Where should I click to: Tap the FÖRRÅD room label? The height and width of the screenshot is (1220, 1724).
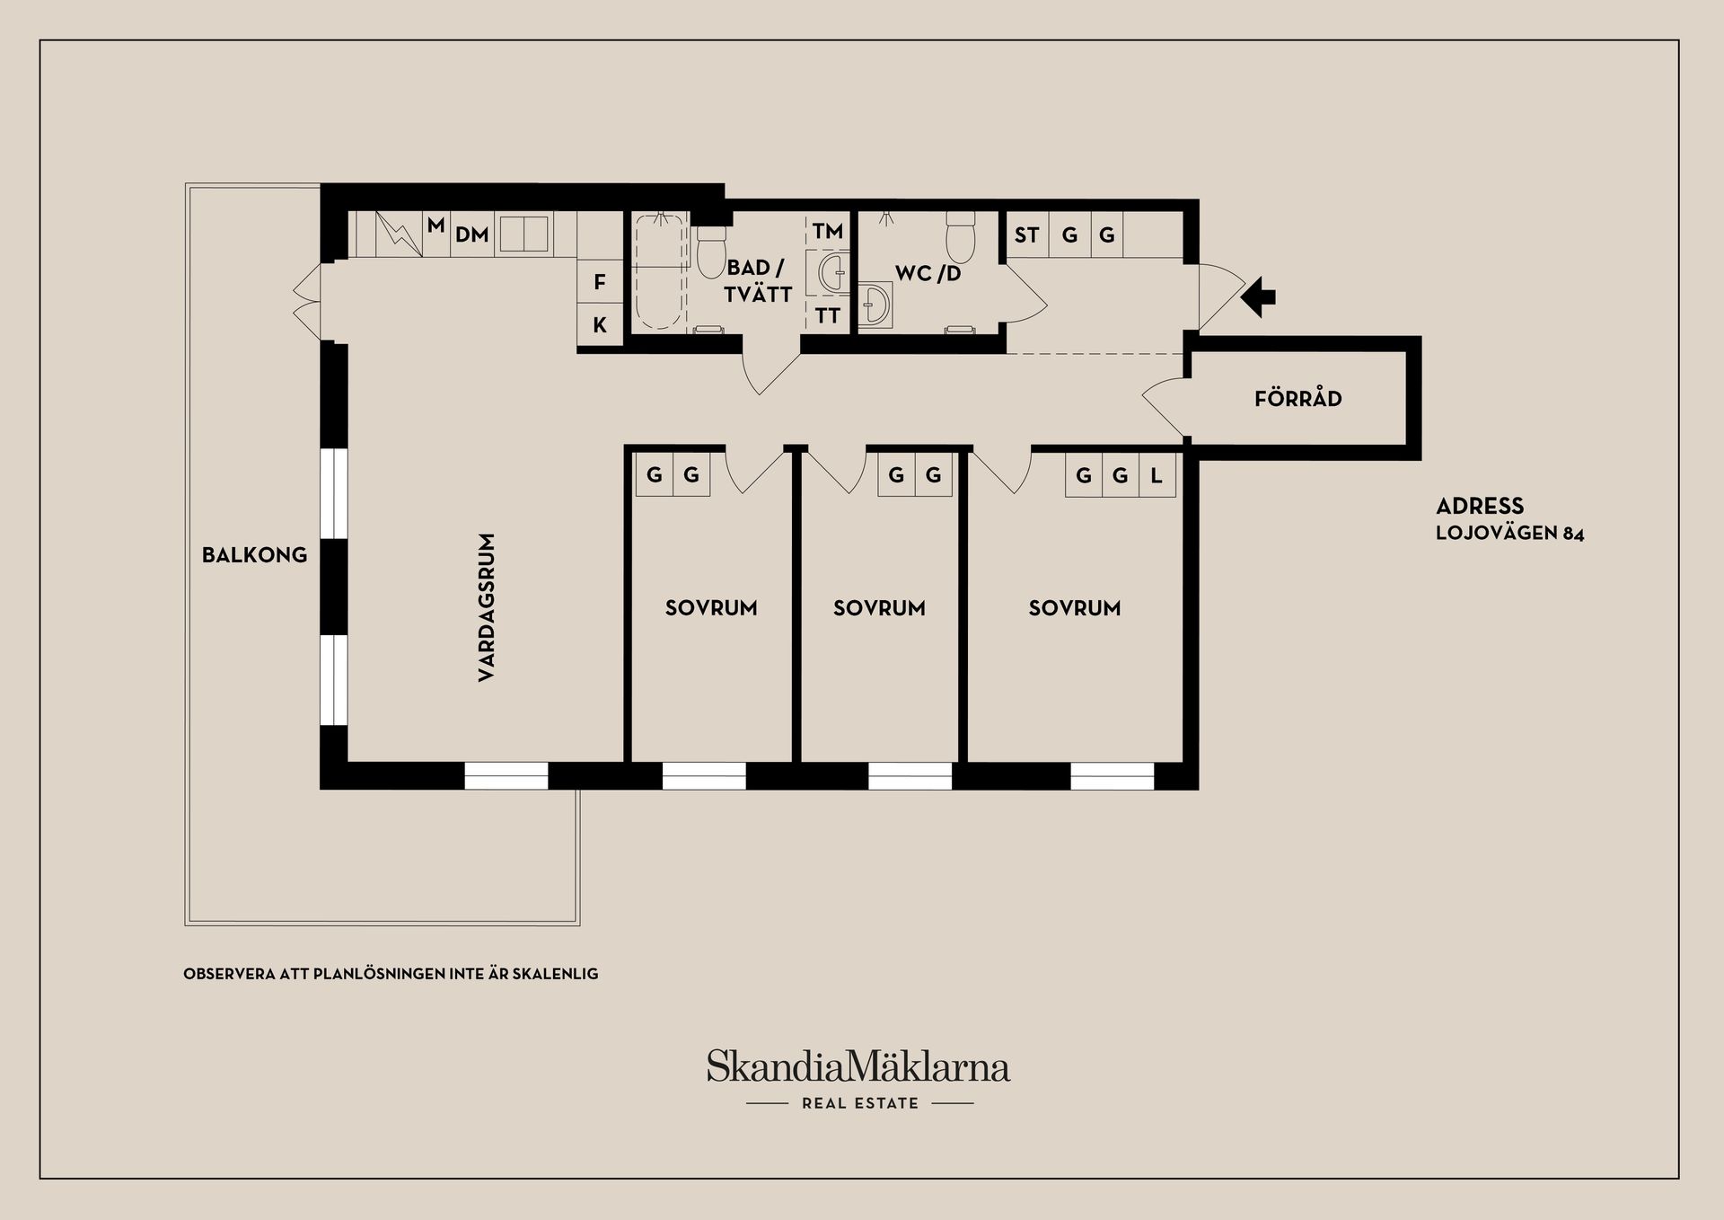click(x=1297, y=398)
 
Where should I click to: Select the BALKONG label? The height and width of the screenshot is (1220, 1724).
click(x=254, y=554)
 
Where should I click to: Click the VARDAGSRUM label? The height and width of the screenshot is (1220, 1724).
click(x=487, y=607)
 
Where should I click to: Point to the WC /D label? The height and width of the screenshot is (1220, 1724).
click(x=928, y=273)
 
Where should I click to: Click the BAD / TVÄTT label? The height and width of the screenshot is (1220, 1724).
click(x=758, y=280)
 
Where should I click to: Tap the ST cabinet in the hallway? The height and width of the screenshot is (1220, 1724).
click(x=1026, y=235)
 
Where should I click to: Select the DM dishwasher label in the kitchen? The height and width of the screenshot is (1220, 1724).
click(x=471, y=234)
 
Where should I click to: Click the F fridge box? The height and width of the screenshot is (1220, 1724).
click(x=600, y=282)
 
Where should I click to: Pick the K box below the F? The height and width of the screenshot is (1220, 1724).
click(x=600, y=325)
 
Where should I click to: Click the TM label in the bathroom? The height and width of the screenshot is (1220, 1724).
click(x=827, y=231)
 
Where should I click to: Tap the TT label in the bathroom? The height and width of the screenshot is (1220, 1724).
click(x=827, y=315)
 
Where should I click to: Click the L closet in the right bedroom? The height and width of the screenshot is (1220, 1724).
click(x=1157, y=475)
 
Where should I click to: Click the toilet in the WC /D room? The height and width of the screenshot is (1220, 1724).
click(x=961, y=234)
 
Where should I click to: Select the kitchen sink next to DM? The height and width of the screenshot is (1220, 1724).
click(x=523, y=234)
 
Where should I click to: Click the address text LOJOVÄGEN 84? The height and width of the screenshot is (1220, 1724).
click(x=1509, y=533)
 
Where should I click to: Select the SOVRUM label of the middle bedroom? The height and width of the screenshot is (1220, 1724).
click(x=879, y=608)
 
